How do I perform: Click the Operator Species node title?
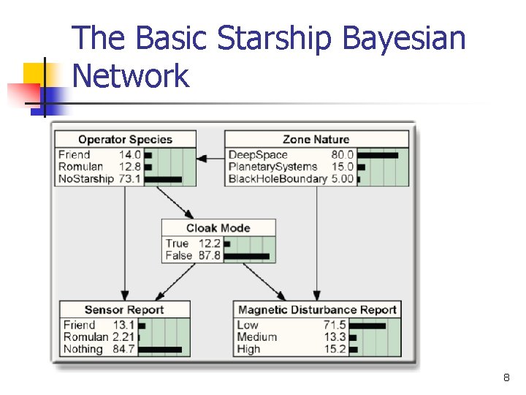125,139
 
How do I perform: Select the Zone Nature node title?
316,139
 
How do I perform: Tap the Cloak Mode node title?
218,227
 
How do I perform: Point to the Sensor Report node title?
124,309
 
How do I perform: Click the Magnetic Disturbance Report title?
317,309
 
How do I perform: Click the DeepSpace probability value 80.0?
342,155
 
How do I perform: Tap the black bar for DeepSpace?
378,155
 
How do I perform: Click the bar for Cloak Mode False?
246,256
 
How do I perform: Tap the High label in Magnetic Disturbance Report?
248,349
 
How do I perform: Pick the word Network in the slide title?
131,76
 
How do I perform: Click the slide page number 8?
506,378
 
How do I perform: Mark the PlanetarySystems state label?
272,167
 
